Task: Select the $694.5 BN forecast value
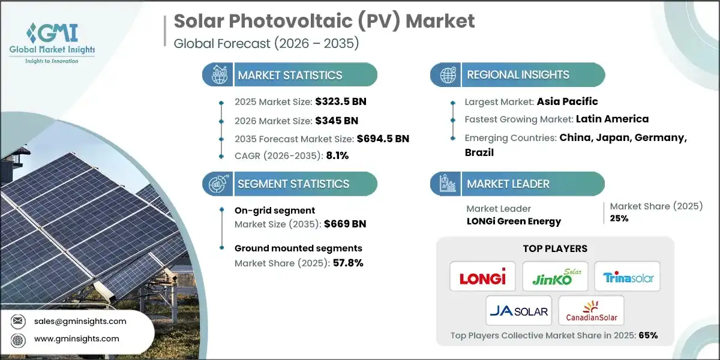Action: coord(382,138)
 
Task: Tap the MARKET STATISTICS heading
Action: coord(290,75)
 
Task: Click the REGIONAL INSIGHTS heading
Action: coord(518,75)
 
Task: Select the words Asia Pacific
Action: coord(568,101)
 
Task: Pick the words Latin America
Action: coord(612,119)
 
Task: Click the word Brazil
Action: coord(479,152)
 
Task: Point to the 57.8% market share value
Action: coord(348,263)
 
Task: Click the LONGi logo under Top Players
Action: coord(482,277)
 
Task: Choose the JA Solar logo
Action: coord(519,311)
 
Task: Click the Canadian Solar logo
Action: coord(591,311)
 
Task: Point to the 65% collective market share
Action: coord(648,335)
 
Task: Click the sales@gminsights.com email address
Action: coord(81,321)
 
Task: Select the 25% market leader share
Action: coord(619,218)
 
